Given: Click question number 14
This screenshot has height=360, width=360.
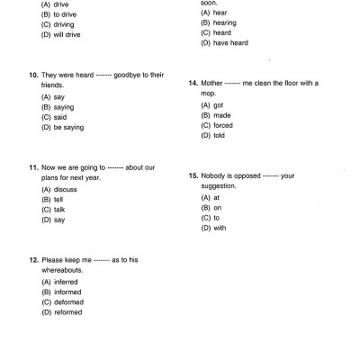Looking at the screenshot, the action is [193, 83].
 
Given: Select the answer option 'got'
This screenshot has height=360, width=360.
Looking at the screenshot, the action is [219, 105].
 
